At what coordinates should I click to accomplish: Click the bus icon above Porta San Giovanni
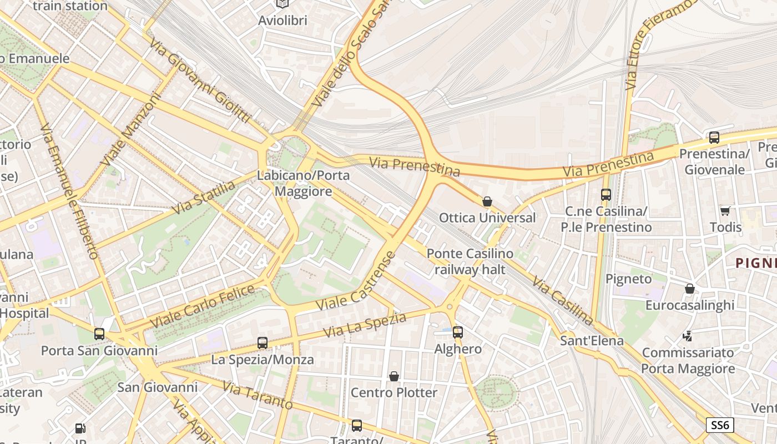[99, 334]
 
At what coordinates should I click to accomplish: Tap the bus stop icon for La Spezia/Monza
[263, 342]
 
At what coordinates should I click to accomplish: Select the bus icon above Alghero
[458, 332]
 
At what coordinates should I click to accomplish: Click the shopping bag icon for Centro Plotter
[394, 376]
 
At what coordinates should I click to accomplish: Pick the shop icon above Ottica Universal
[487, 201]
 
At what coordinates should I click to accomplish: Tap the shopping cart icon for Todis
[725, 210]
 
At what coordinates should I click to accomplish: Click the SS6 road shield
[720, 425]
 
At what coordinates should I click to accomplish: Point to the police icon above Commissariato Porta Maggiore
[688, 336]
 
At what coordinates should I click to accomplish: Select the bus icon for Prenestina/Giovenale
[714, 137]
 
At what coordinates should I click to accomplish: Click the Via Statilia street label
[204, 198]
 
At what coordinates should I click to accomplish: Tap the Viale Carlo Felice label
[203, 306]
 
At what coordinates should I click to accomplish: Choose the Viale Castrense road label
[356, 281]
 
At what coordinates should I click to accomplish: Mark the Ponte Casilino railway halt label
[470, 261]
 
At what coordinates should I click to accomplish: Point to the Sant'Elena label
[592, 340]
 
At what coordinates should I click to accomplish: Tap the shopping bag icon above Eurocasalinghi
[690, 289]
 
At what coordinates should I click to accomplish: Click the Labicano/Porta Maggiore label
[303, 184]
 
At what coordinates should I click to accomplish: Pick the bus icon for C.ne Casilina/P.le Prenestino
[606, 195]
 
